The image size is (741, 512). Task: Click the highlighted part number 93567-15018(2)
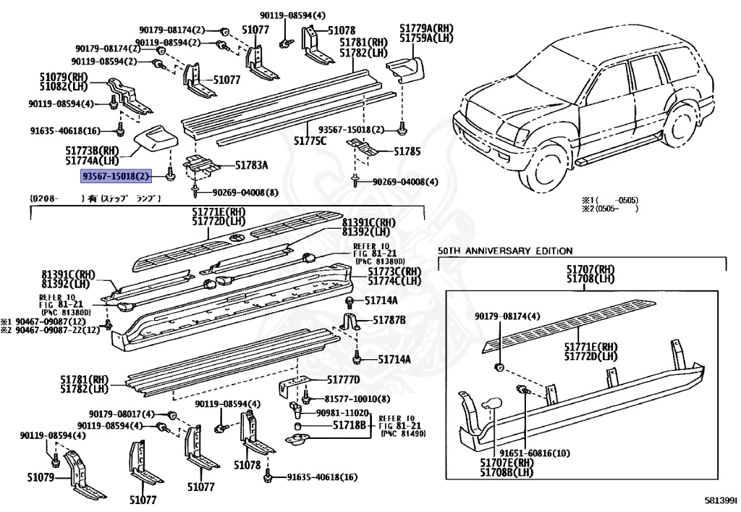116,176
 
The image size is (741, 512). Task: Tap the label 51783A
250,166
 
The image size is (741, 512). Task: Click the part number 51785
407,153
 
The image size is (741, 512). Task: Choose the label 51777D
344,379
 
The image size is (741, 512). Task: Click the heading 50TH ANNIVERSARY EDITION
504,251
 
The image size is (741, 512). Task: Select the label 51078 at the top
341,30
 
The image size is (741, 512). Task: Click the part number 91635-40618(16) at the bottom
322,477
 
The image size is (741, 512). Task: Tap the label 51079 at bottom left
41,477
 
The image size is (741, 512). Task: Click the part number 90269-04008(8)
245,193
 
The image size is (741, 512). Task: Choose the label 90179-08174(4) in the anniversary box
507,316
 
